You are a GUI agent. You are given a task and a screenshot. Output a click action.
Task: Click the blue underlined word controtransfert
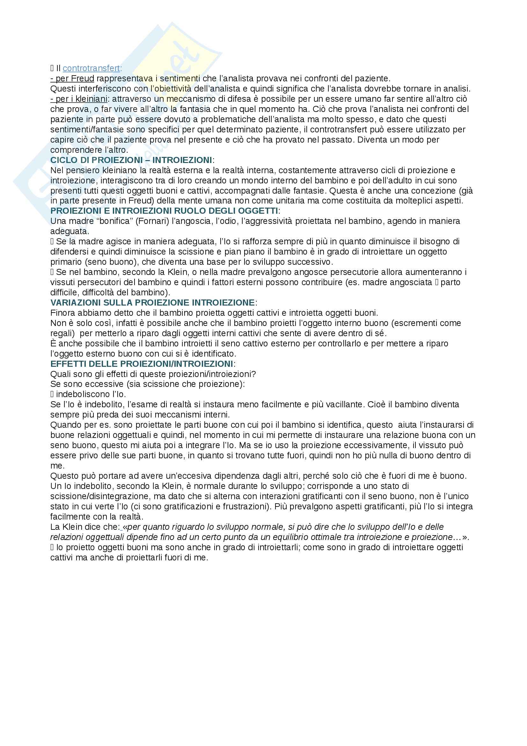(91, 68)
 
